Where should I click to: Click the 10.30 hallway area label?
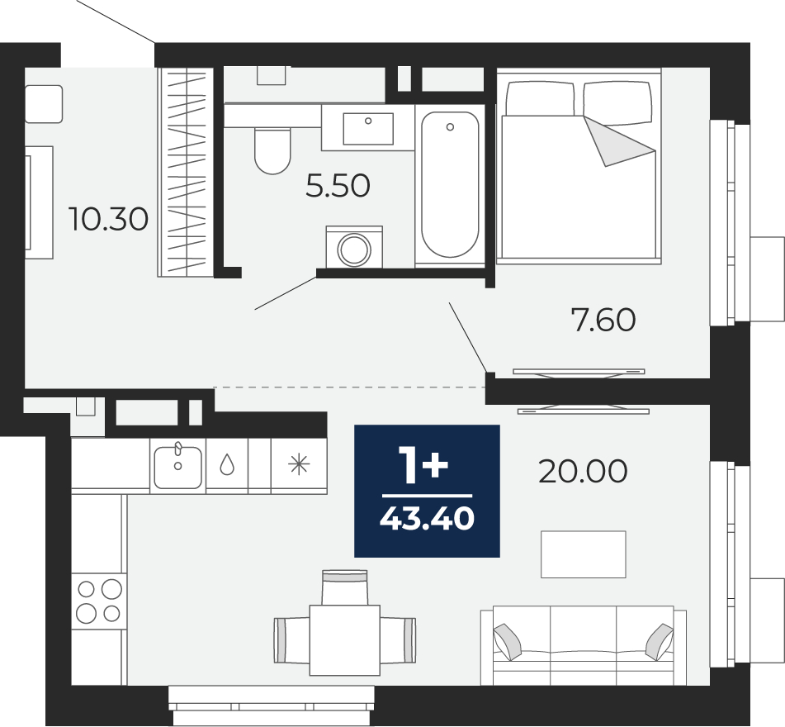point(108,220)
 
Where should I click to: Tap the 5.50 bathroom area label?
point(338,185)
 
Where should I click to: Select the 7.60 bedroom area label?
point(603,320)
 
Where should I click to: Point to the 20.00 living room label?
point(583,472)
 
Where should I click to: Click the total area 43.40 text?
point(427,518)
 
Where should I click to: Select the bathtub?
point(450,184)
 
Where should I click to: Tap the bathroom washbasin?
point(368,128)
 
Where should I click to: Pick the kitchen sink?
point(177,466)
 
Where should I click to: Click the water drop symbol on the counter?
point(227,464)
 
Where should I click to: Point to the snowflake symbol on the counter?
point(299,464)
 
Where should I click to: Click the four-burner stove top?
point(98,601)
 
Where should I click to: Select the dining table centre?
point(344,640)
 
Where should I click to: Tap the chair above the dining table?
point(344,587)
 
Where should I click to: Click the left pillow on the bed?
point(540,98)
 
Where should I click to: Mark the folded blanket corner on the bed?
point(619,141)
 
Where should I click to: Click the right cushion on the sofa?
point(660,642)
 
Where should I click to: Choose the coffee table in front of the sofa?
point(584,554)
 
